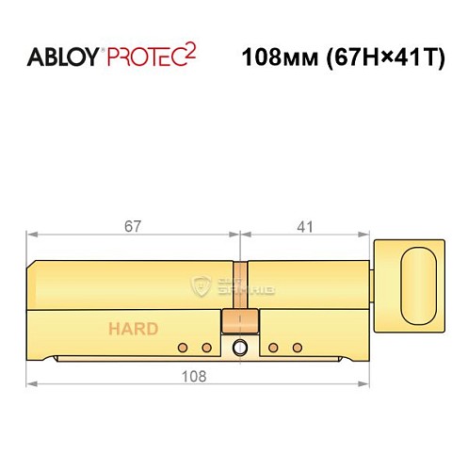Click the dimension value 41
click(x=303, y=226)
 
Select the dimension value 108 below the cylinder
click(x=197, y=375)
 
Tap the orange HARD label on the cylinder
click(x=133, y=330)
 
